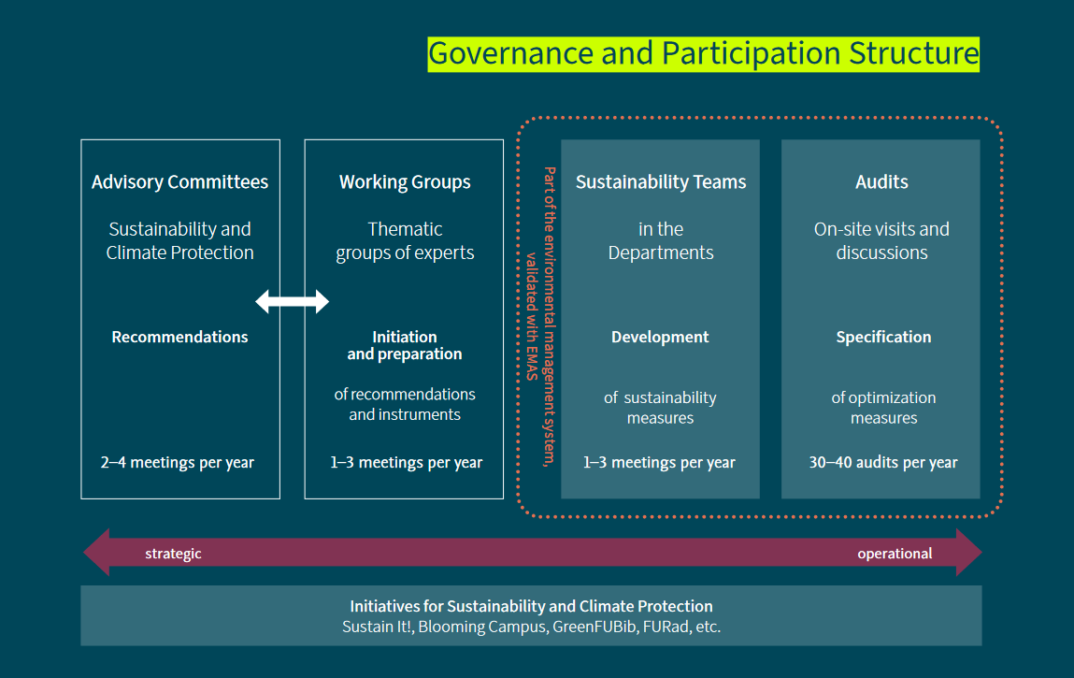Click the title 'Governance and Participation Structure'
click(x=703, y=53)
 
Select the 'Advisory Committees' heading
click(x=179, y=182)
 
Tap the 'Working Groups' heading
click(x=405, y=182)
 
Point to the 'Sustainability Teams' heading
click(x=661, y=182)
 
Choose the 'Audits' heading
click(x=881, y=182)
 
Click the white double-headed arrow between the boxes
click(x=293, y=301)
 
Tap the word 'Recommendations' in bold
click(x=179, y=337)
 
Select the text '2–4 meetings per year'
click(x=178, y=462)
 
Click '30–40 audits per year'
click(x=883, y=462)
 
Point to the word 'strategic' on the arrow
click(x=173, y=554)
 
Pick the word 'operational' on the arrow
click(x=895, y=554)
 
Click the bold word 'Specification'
click(x=883, y=337)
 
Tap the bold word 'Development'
click(x=660, y=337)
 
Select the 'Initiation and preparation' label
click(x=405, y=345)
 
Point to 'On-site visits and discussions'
click(x=881, y=240)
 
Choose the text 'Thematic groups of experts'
click(x=405, y=240)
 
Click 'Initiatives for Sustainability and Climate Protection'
click(x=531, y=606)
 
